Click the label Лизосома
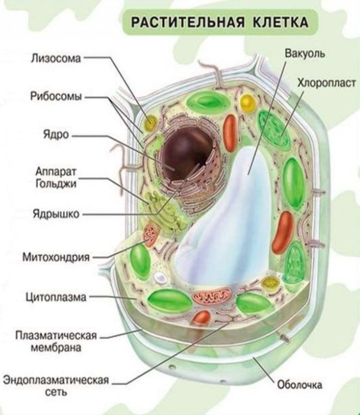56,58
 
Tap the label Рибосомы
56,96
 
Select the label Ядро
56,135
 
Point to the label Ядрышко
56,214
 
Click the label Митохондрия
56,257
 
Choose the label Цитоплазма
56,297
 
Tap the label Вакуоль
305,53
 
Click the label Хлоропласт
326,83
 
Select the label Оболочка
300,384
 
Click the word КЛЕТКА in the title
281,22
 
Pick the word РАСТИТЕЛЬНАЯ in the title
188,22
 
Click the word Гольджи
56,183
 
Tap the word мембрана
56,347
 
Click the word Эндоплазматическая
56,380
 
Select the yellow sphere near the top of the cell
248,103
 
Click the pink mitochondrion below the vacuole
212,296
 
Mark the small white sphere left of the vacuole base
160,277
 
